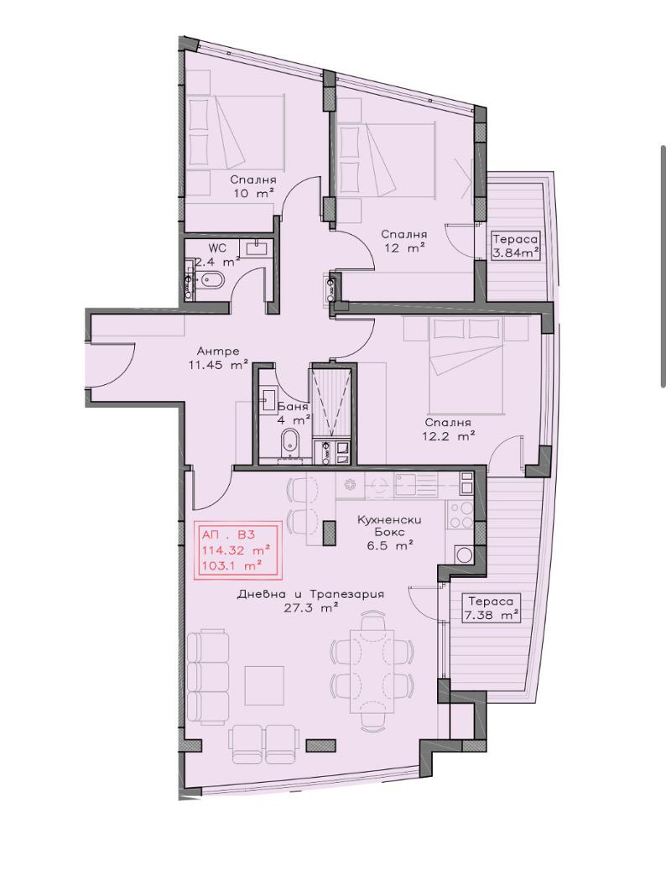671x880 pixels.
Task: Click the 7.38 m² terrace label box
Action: pyautogui.click(x=491, y=608)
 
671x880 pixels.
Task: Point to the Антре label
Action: pyautogui.click(x=218, y=351)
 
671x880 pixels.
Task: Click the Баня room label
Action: pyautogui.click(x=293, y=408)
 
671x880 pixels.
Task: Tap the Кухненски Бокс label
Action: pyautogui.click(x=389, y=525)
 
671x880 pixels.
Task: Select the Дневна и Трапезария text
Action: pyautogui.click(x=311, y=594)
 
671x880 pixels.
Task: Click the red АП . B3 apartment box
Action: pyautogui.click(x=237, y=550)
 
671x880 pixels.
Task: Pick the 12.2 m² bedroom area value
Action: pyautogui.click(x=450, y=435)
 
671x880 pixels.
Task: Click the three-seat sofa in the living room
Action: pyautogui.click(x=207, y=679)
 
